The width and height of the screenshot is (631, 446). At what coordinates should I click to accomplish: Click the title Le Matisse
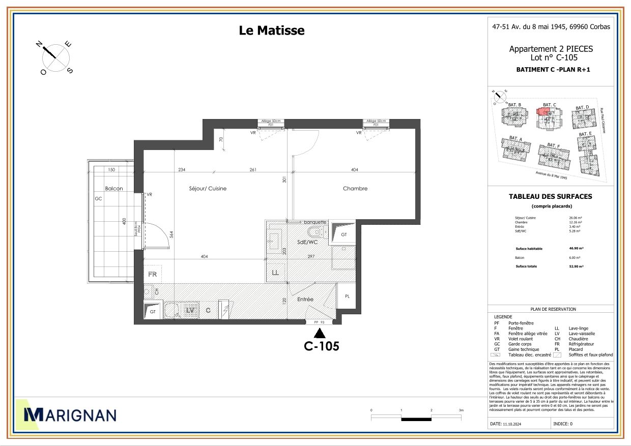point(272,31)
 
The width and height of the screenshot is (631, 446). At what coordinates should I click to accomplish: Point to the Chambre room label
point(355,189)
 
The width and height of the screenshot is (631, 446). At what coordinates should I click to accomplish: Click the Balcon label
point(113,189)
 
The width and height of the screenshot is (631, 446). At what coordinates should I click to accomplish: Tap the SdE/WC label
point(307,243)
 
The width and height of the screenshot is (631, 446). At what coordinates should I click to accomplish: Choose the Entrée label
point(305,300)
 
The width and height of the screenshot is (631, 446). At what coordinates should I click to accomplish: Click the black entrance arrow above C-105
point(320,333)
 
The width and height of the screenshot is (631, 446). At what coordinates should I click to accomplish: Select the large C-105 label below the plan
point(321,346)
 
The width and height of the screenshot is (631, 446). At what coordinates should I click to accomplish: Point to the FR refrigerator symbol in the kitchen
point(152,274)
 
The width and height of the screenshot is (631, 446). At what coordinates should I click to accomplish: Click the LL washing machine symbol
point(275,273)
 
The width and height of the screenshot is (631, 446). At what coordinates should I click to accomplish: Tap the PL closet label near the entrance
point(347,296)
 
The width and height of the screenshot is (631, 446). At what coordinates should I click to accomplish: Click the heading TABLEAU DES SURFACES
point(550,196)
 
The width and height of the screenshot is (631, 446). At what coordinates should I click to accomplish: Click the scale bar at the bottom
point(416,419)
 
